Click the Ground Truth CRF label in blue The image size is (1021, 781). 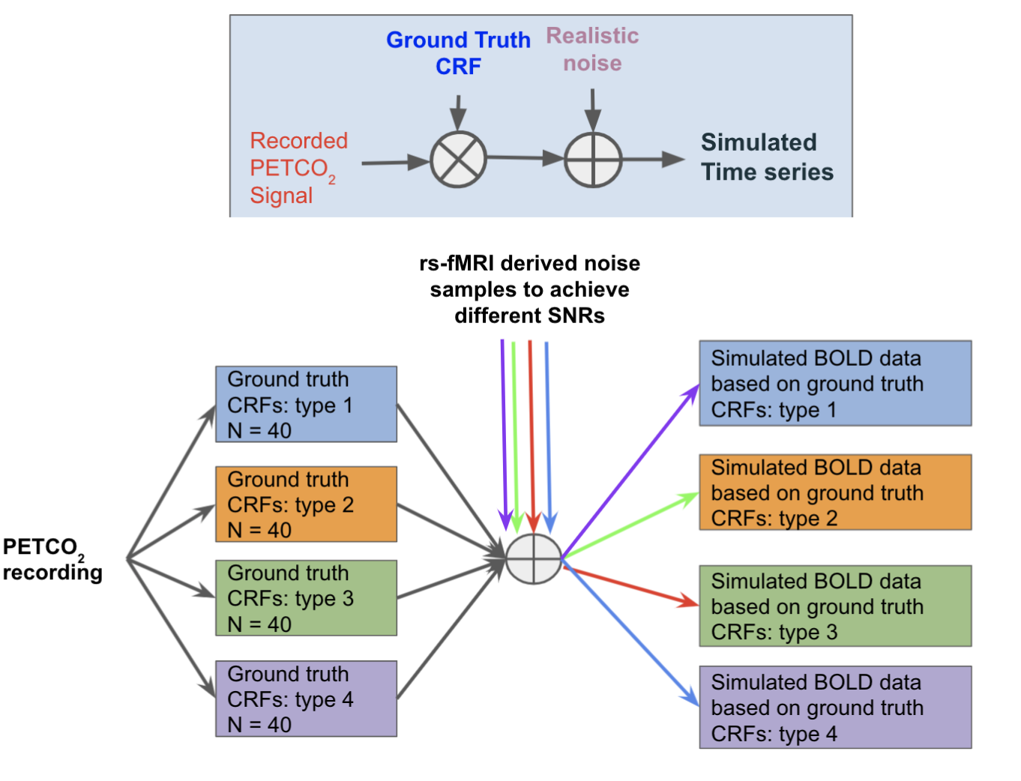click(x=458, y=52)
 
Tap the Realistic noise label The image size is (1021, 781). click(x=592, y=49)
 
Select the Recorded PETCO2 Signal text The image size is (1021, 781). click(x=298, y=168)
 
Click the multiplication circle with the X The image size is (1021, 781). click(x=458, y=160)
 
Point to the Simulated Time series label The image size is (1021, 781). click(x=766, y=157)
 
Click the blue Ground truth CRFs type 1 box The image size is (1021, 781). click(x=306, y=404)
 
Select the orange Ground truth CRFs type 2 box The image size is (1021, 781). click(x=306, y=504)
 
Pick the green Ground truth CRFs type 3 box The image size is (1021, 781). click(x=306, y=598)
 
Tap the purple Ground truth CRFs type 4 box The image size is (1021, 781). click(x=306, y=699)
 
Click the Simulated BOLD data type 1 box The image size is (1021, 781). click(x=835, y=384)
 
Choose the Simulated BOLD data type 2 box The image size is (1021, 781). click(x=835, y=492)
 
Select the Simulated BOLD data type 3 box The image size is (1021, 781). click(x=835, y=606)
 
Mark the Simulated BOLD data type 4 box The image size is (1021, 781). click(x=835, y=708)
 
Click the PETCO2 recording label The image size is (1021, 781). click(x=52, y=559)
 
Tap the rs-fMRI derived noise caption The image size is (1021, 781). click(x=529, y=289)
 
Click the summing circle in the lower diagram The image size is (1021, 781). click(x=533, y=559)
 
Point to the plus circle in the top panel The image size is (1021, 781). click(x=593, y=160)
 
